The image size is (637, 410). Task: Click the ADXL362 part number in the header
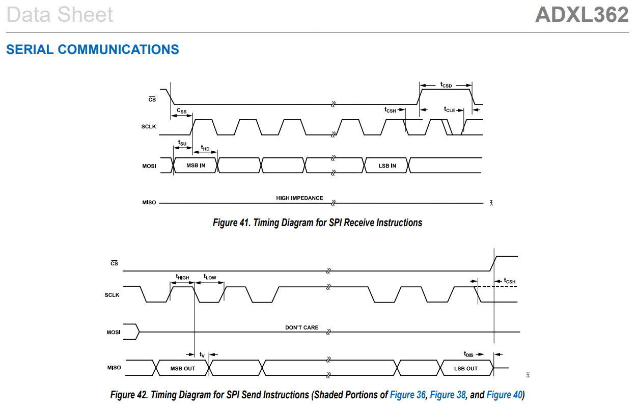581,15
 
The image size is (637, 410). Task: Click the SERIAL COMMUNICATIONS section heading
93,49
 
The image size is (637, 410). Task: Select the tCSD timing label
446,85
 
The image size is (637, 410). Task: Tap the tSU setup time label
182,143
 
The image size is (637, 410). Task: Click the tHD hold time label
205,148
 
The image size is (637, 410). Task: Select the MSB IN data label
196,166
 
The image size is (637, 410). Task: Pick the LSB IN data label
387,166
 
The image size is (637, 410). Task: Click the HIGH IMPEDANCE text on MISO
299,198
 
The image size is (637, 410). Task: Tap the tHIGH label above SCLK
182,277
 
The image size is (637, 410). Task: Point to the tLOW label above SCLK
210,277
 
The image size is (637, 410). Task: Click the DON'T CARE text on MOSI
301,327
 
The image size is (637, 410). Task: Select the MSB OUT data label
183,368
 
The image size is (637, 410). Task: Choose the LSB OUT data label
466,368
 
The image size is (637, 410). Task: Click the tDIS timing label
468,354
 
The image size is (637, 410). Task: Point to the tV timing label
202,354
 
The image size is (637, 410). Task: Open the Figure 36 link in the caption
407,395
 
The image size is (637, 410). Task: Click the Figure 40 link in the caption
504,395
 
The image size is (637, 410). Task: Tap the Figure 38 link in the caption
448,395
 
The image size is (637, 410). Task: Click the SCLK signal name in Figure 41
149,126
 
